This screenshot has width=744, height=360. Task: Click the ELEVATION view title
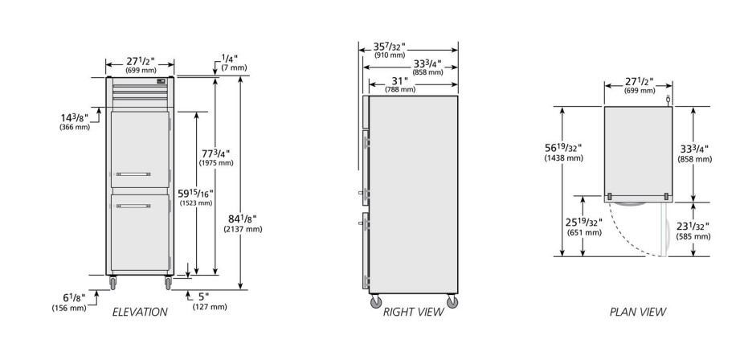(140, 312)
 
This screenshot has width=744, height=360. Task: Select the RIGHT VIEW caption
(413, 312)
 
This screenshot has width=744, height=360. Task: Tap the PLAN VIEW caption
(638, 312)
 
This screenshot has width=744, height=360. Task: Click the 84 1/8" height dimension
(243, 219)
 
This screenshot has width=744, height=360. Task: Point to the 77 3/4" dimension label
(216, 153)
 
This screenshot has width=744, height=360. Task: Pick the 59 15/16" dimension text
(196, 194)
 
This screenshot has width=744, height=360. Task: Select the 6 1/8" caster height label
(74, 298)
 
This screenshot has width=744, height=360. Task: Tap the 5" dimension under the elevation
(204, 297)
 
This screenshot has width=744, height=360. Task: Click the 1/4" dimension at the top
(230, 59)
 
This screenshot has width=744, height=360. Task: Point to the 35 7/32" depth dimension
(389, 47)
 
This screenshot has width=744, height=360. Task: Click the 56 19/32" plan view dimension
(563, 148)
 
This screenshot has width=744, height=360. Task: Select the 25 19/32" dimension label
(583, 223)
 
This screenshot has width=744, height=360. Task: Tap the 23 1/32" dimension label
(693, 227)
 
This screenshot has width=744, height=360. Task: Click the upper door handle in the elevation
(133, 174)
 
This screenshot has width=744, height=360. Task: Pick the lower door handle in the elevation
(133, 206)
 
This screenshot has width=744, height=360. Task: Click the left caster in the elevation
(112, 282)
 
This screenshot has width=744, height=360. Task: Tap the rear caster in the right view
(452, 301)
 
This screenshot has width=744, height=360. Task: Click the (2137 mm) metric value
(243, 229)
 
